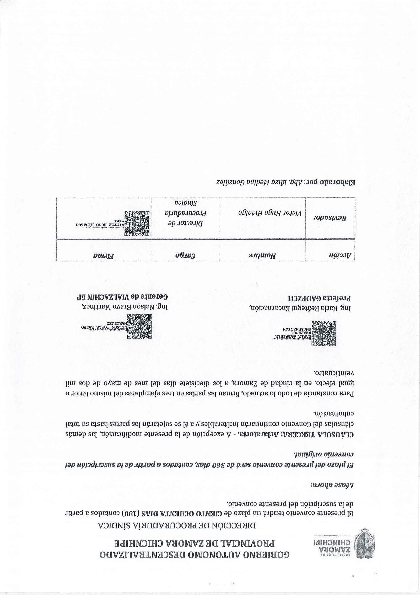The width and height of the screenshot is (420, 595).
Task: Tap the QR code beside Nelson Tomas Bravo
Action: [x=139, y=326]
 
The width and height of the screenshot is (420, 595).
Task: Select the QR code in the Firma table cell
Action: [x=137, y=224]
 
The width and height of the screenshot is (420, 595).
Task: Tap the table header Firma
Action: [x=103, y=255]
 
